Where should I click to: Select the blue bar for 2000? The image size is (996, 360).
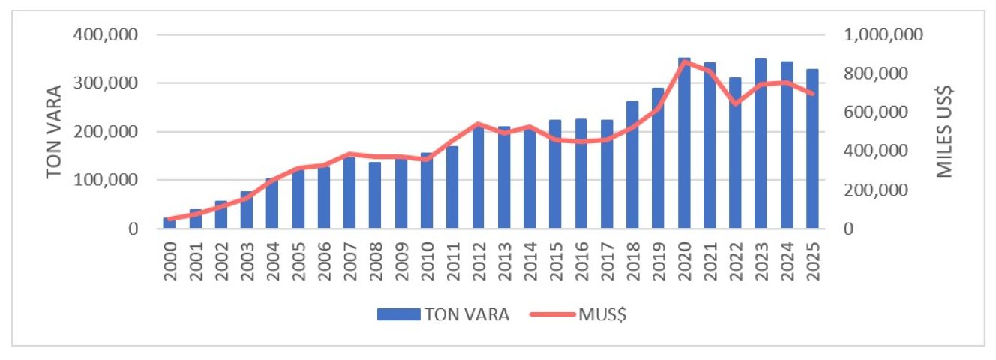(170, 223)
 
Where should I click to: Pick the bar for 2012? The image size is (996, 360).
(478, 180)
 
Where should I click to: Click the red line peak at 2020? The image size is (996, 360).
(684, 61)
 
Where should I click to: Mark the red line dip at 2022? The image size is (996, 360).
(735, 103)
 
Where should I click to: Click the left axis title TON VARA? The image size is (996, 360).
(54, 131)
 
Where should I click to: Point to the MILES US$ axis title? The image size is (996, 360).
(946, 131)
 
